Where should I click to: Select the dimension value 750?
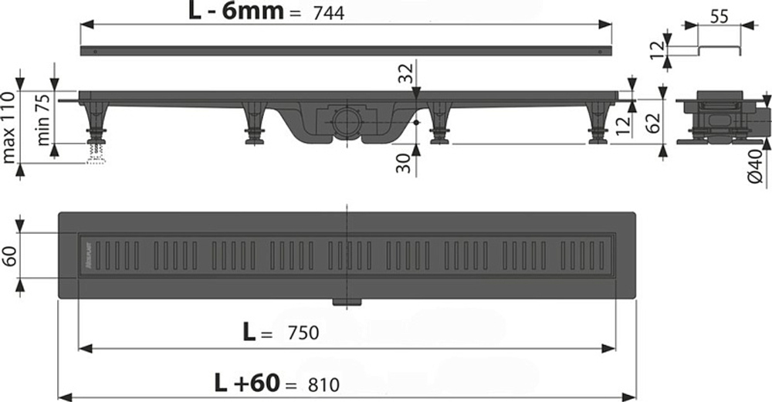click(x=303, y=333)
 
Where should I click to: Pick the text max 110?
click(x=8, y=127)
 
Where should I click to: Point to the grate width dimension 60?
click(x=8, y=255)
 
